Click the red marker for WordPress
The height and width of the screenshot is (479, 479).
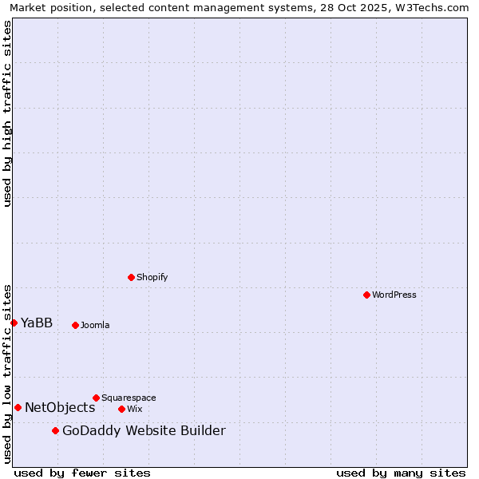pyautogui.click(x=366, y=295)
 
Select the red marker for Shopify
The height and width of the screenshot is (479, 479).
pyautogui.click(x=131, y=277)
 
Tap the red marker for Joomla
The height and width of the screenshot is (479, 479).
pyautogui.click(x=75, y=325)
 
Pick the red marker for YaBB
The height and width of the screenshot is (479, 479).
pyautogui.click(x=14, y=323)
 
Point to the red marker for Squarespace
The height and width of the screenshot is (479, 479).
pyautogui.click(x=96, y=398)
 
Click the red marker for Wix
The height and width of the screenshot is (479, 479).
pyautogui.click(x=121, y=409)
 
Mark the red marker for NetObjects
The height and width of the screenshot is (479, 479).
pyautogui.click(x=18, y=407)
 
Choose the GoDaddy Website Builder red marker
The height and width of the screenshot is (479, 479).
pyautogui.click(x=55, y=431)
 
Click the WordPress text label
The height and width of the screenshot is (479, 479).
pyautogui.click(x=394, y=295)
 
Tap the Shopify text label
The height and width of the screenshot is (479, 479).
pyautogui.click(x=152, y=277)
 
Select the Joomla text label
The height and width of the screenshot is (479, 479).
pyautogui.click(x=95, y=325)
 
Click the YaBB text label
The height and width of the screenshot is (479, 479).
pyautogui.click(x=37, y=323)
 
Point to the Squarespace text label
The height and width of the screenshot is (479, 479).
pyautogui.click(x=129, y=398)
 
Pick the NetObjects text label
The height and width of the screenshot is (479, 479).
pyautogui.click(x=60, y=407)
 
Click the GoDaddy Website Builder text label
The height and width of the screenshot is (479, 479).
pyautogui.click(x=144, y=431)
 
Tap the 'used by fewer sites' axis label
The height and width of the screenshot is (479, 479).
pyautogui.click(x=82, y=473)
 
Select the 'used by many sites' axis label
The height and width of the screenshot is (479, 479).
pyautogui.click(x=401, y=473)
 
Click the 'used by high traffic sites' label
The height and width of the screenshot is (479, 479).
pyautogui.click(x=7, y=114)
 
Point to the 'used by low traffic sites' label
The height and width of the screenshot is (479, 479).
pyautogui.click(x=7, y=374)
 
